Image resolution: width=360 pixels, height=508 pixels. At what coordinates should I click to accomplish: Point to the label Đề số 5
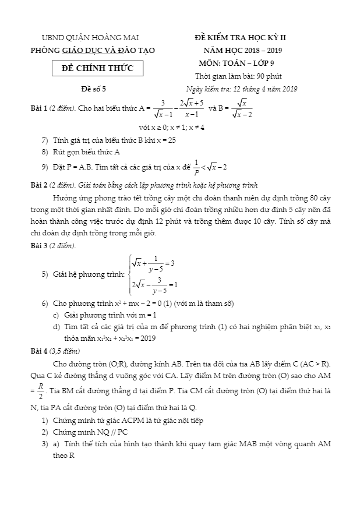point(94,89)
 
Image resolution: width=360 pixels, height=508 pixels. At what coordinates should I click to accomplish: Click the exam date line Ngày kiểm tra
point(241,89)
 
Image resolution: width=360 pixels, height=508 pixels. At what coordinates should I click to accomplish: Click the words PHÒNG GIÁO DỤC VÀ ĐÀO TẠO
point(93,50)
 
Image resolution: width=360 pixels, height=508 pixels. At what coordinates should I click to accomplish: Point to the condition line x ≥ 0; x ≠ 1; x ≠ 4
point(171,127)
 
